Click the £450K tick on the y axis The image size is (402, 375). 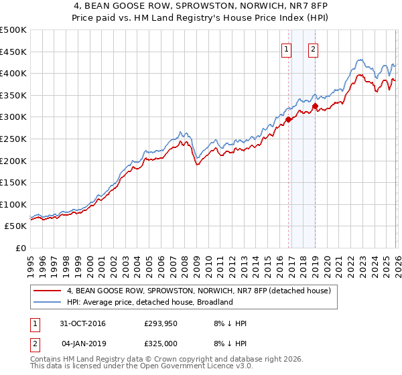click(13, 52)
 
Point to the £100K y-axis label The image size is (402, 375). click(13, 204)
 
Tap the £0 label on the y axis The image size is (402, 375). click(21, 248)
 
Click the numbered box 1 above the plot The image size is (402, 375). click(287, 48)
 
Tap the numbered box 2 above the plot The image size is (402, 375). click(314, 48)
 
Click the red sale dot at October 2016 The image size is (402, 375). click(289, 120)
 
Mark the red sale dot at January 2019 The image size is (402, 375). click(315, 106)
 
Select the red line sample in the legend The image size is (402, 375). click(47, 291)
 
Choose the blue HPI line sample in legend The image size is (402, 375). click(47, 302)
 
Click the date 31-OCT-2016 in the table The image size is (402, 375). click(83, 323)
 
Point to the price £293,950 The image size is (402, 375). click(161, 323)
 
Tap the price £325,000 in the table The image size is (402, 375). click(161, 344)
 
